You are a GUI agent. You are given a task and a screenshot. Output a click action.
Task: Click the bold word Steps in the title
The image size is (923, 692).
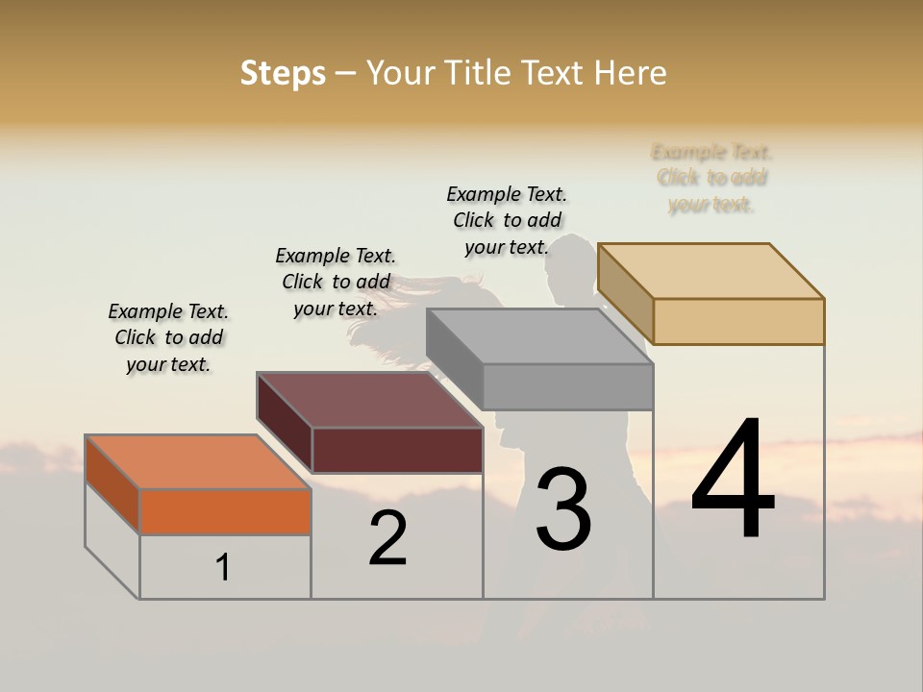pyautogui.click(x=283, y=73)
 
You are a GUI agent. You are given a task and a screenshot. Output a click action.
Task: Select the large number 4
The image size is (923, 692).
pyautogui.click(x=733, y=480)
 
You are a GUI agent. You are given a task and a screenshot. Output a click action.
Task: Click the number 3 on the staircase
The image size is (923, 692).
pyautogui.click(x=563, y=509)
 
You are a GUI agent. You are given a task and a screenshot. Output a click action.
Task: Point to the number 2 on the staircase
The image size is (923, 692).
pyautogui.click(x=387, y=539)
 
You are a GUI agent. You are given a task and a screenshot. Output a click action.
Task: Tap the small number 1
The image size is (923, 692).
pyautogui.click(x=223, y=568)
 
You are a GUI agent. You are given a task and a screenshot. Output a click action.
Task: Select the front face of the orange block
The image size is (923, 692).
pyautogui.click(x=225, y=511)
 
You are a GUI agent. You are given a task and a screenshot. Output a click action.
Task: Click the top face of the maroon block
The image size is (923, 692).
pyautogui.click(x=369, y=400)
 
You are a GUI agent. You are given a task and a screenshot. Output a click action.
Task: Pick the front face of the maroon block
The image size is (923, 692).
pyautogui.click(x=397, y=450)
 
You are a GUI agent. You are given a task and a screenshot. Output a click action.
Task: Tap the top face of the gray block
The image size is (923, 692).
pyautogui.click(x=539, y=336)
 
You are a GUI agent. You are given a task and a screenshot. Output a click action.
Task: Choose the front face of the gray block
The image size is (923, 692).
pyautogui.click(x=567, y=386)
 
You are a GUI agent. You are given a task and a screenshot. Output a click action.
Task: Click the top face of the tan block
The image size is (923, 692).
pyautogui.click(x=711, y=271)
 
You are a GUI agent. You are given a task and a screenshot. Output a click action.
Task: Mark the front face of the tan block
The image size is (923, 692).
pyautogui.click(x=738, y=321)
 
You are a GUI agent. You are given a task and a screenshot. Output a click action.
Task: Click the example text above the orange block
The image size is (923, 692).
pyautogui.click(x=168, y=337)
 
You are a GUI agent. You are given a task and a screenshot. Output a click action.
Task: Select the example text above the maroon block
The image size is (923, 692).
pyautogui.click(x=336, y=282)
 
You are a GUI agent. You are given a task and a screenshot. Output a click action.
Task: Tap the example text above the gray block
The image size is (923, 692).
pyautogui.click(x=507, y=220)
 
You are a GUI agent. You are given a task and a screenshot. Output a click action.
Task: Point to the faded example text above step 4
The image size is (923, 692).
pyautogui.click(x=711, y=178)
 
